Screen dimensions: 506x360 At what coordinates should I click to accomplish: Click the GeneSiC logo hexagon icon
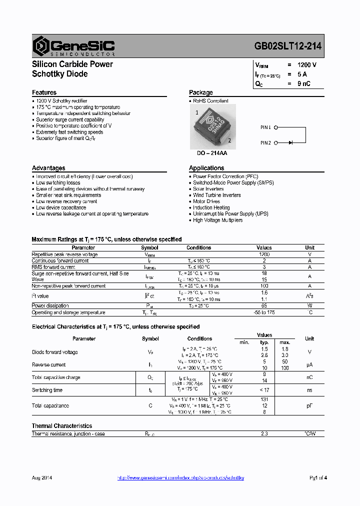tap(40, 45)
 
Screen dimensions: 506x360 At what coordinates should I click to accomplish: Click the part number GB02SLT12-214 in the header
tap(287, 45)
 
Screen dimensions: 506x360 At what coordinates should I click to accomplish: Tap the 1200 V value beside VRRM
tap(307, 65)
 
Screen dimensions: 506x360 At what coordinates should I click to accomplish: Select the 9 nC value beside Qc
tap(304, 83)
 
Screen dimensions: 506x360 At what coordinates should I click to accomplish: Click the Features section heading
tap(44, 92)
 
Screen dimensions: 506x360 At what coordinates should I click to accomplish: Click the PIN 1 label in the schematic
tap(265, 127)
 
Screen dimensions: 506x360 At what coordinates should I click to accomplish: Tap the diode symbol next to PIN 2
tap(290, 143)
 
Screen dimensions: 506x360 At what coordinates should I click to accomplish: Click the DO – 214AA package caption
tap(208, 153)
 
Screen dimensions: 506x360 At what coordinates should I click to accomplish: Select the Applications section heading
tap(206, 168)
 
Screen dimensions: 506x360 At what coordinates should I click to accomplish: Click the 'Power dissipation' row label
tap(50, 305)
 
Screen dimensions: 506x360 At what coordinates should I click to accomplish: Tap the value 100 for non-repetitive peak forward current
tap(264, 286)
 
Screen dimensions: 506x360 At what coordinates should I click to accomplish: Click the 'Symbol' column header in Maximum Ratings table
tap(149, 247)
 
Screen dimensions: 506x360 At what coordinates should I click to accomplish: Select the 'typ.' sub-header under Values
tap(264, 342)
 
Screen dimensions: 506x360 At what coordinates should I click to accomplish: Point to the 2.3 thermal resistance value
tap(264, 433)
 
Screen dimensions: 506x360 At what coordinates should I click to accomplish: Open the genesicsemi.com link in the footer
tap(180, 478)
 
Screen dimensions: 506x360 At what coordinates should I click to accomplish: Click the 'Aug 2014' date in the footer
tap(42, 478)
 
